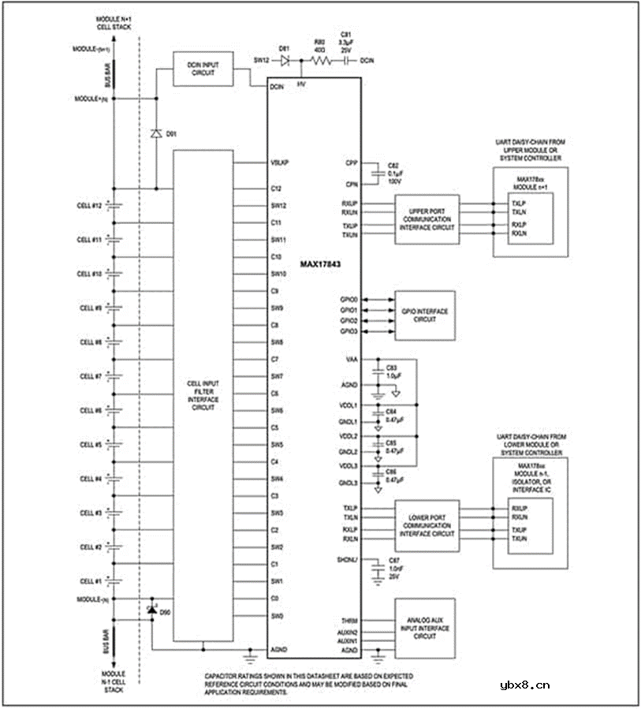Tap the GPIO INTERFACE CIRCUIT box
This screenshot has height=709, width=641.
(426, 316)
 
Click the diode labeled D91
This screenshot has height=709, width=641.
(155, 133)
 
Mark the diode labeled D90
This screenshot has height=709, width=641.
(153, 610)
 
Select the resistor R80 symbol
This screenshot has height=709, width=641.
(319, 59)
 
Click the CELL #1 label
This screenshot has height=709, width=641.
(88, 580)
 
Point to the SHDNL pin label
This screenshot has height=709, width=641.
(348, 560)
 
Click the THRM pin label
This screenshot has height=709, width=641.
(349, 622)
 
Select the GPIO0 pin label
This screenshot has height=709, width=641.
(348, 300)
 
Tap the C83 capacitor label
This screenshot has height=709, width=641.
(391, 368)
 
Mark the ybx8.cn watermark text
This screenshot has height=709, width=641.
(525, 685)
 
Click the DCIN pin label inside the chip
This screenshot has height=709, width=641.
(277, 88)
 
